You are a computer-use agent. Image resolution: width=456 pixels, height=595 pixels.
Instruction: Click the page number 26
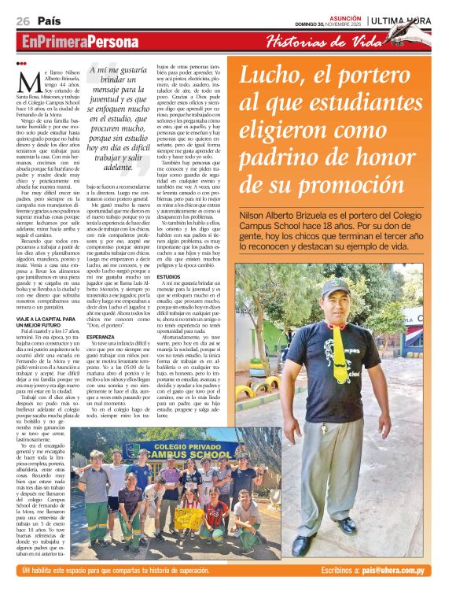(x=23, y=20)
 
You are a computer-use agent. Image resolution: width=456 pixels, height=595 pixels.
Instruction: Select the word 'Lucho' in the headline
(x=274, y=76)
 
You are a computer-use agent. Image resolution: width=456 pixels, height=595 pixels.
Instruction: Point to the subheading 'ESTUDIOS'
(x=192, y=278)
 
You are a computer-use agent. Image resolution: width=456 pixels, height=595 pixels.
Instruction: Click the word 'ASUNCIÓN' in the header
(x=343, y=15)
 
